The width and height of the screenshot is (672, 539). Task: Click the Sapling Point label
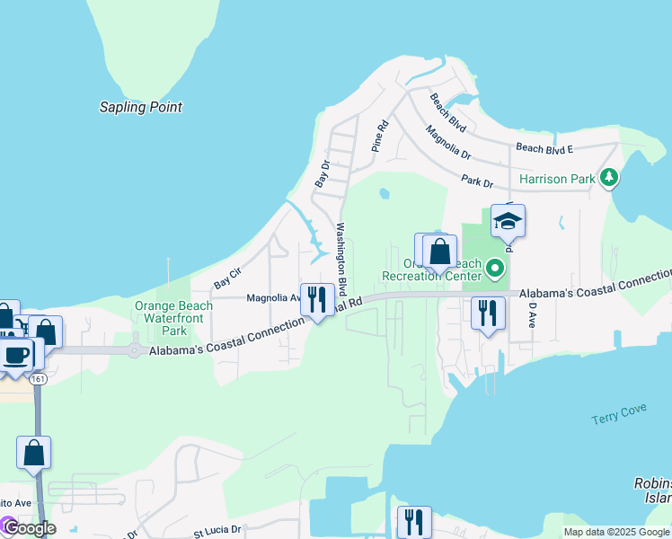coord(140,108)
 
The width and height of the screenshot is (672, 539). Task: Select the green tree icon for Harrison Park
coord(610,177)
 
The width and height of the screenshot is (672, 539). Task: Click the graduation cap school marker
coord(508,221)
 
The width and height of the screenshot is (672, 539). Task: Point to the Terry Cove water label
coord(617,420)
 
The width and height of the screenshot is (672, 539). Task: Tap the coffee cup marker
coord(15,354)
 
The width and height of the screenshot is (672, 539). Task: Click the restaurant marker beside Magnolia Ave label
coord(316,298)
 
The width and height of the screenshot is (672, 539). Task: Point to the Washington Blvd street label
coord(341,254)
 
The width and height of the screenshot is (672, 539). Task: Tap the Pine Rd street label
coord(379,134)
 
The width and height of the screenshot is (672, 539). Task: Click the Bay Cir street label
coord(227,278)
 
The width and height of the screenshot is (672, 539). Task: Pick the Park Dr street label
coord(477,181)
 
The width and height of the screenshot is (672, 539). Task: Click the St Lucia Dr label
coord(217,530)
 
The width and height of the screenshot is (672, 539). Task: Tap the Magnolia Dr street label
coord(449,140)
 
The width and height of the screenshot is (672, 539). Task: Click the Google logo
coord(29,528)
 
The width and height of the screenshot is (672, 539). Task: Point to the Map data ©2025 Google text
coord(616,532)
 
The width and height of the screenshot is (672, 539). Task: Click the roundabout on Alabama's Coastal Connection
coord(135,350)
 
